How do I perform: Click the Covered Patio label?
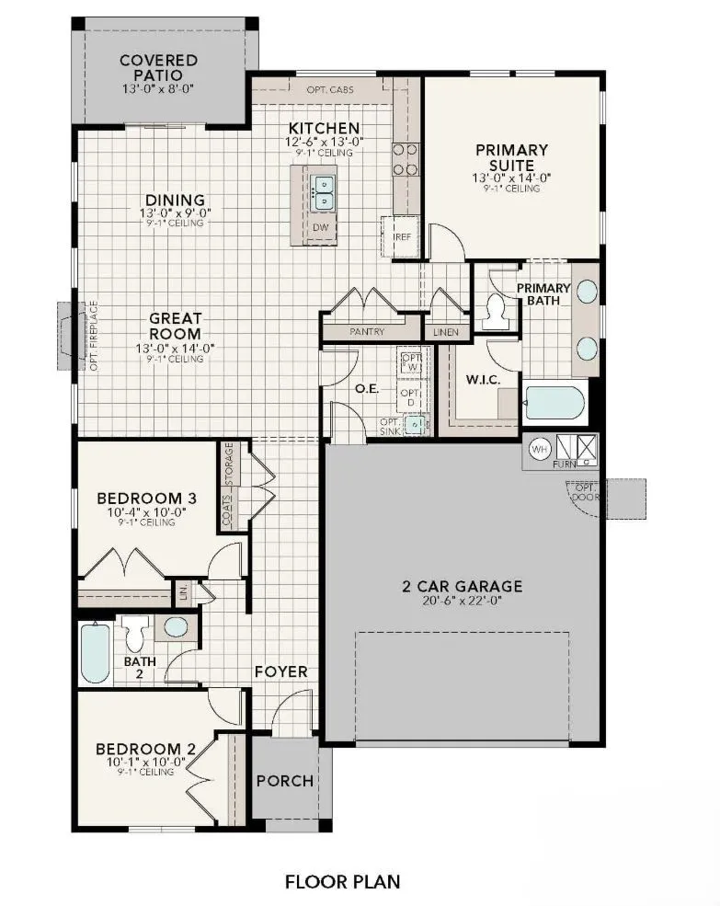click(158, 67)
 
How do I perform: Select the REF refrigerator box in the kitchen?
click(402, 236)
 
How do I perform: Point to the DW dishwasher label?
click(320, 227)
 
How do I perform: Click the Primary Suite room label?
click(511, 157)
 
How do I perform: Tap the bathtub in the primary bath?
click(555, 404)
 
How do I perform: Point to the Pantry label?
click(367, 331)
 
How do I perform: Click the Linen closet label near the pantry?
click(447, 331)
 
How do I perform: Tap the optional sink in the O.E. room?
click(417, 423)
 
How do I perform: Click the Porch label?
click(284, 781)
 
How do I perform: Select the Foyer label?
click(280, 671)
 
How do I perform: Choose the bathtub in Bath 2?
click(95, 652)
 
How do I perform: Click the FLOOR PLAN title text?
click(342, 881)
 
